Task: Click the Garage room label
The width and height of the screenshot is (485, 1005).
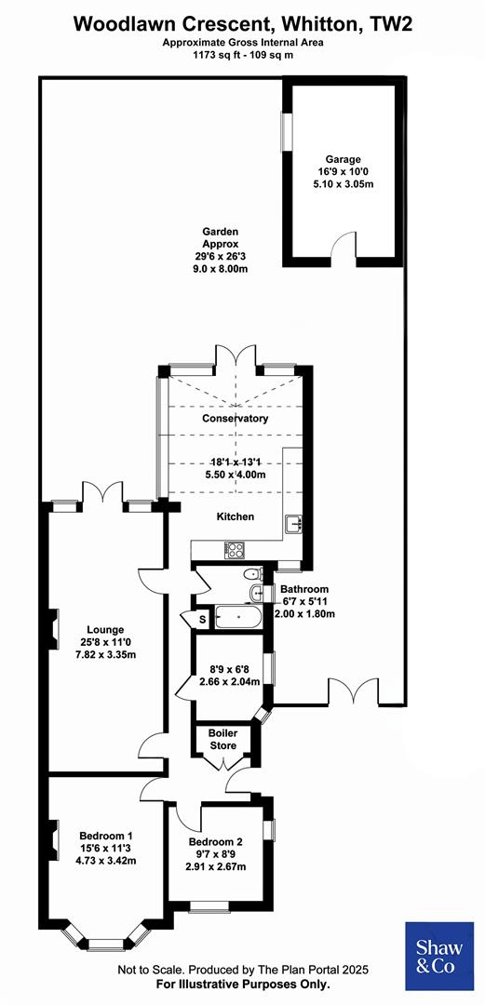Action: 343,159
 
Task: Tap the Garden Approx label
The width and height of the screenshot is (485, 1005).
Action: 222,232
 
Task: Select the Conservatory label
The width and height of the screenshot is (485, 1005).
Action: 235,418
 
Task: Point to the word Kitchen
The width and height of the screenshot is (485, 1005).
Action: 235,516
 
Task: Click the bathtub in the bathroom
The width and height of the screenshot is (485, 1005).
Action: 237,616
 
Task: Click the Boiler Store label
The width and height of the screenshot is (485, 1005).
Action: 222,739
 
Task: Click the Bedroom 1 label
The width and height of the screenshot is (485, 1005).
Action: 104,834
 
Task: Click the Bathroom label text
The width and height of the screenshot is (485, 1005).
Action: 304,589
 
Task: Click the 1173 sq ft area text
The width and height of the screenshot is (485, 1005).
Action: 242,54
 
